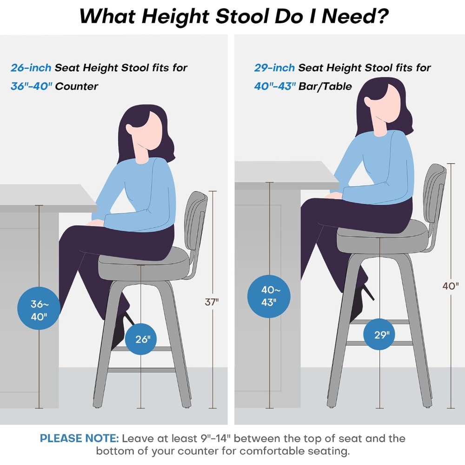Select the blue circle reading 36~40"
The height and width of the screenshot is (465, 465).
tap(39, 308)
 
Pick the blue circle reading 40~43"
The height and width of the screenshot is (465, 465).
tap(269, 296)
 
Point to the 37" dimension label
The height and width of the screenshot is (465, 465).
tap(212, 302)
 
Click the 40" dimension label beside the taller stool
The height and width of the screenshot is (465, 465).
tap(451, 286)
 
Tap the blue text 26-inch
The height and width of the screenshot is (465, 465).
tap(31, 67)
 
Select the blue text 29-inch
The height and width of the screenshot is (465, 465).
tap(274, 67)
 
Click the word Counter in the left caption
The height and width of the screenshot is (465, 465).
tap(77, 86)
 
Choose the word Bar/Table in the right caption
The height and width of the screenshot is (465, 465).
tap(325, 86)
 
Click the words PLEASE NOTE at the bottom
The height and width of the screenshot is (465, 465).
tap(79, 438)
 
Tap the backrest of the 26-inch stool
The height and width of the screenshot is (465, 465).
tap(195, 222)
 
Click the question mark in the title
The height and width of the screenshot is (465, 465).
tap(383, 16)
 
